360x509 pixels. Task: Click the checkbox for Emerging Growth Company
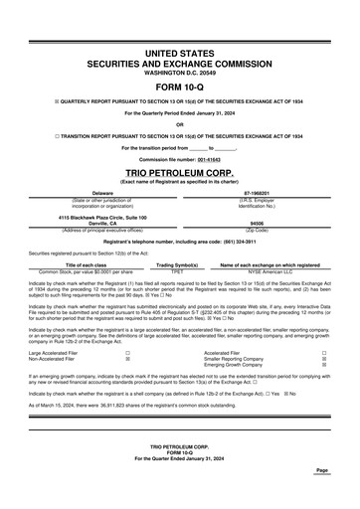[x=325, y=365]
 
